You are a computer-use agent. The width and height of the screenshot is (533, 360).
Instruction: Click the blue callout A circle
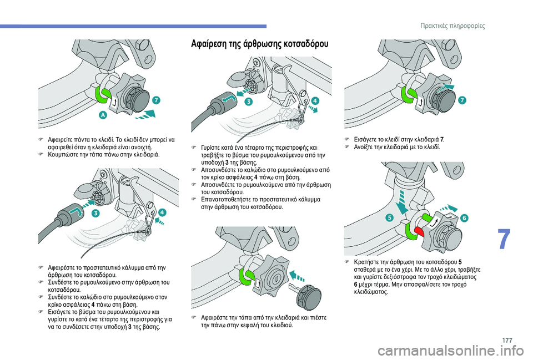tap(104, 115)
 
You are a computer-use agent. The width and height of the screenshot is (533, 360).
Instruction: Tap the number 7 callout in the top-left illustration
tap(157, 100)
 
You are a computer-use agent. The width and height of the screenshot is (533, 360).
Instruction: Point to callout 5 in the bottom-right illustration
tap(390, 218)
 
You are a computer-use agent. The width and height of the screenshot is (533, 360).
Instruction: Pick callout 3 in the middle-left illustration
tap(95, 213)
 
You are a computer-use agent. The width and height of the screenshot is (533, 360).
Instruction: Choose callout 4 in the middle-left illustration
tap(162, 212)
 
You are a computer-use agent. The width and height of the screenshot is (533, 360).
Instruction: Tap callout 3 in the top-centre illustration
tap(248, 102)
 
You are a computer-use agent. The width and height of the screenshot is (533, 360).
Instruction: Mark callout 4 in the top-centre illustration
tap(315, 100)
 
